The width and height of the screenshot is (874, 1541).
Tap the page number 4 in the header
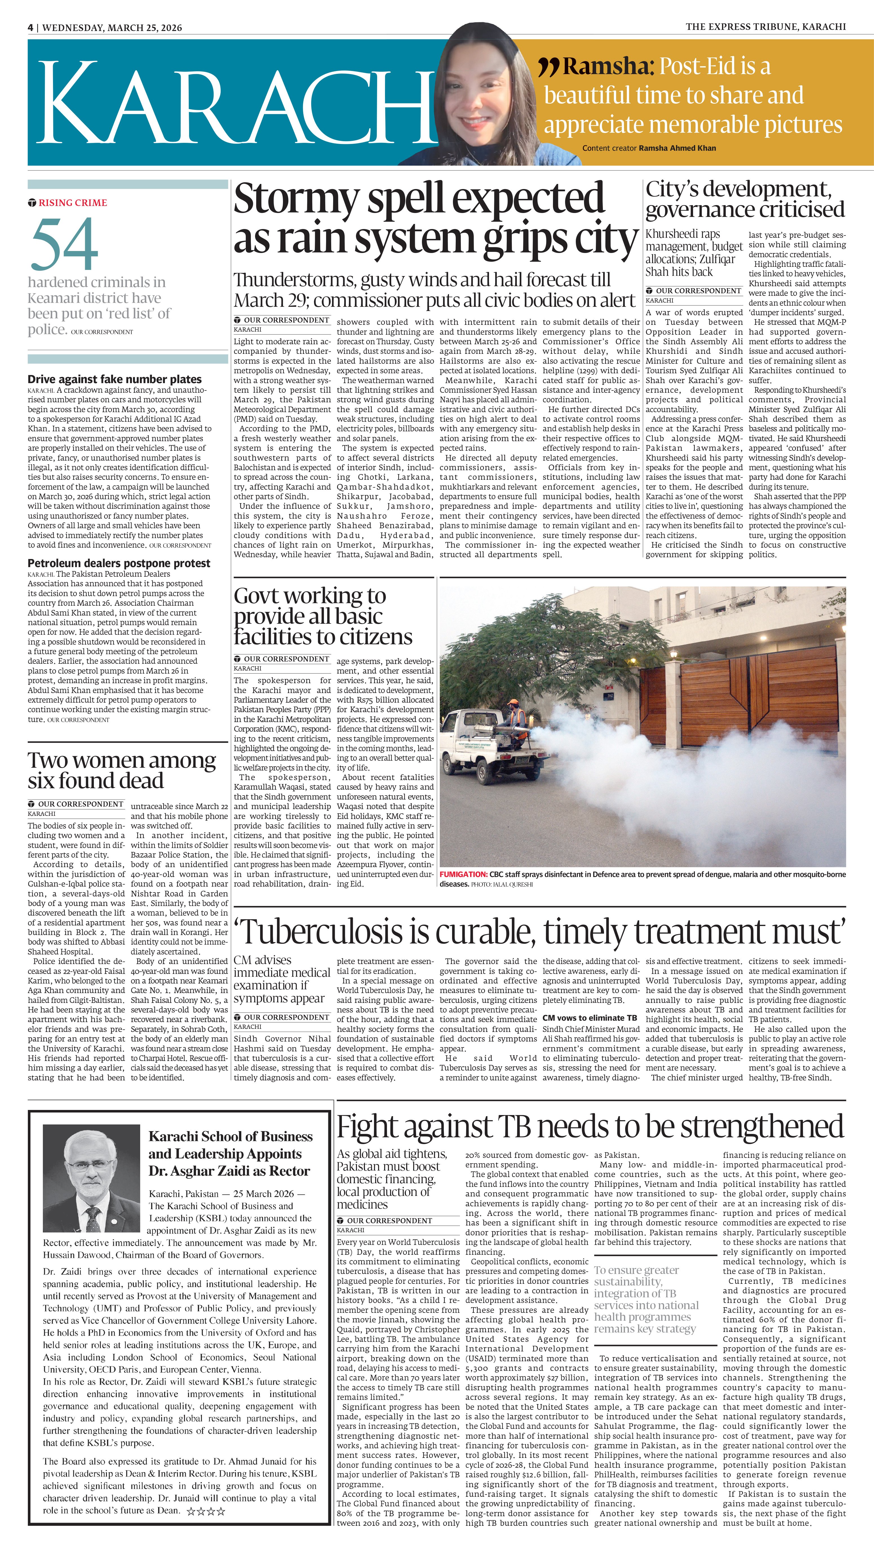coord(30,28)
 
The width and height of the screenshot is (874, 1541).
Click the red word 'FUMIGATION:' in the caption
coord(463,874)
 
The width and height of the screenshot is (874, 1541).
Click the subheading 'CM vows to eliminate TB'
coord(589,1018)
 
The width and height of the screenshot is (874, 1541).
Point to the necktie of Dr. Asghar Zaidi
coord(92,1218)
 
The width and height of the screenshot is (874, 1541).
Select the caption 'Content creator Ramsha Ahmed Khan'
coord(648,148)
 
